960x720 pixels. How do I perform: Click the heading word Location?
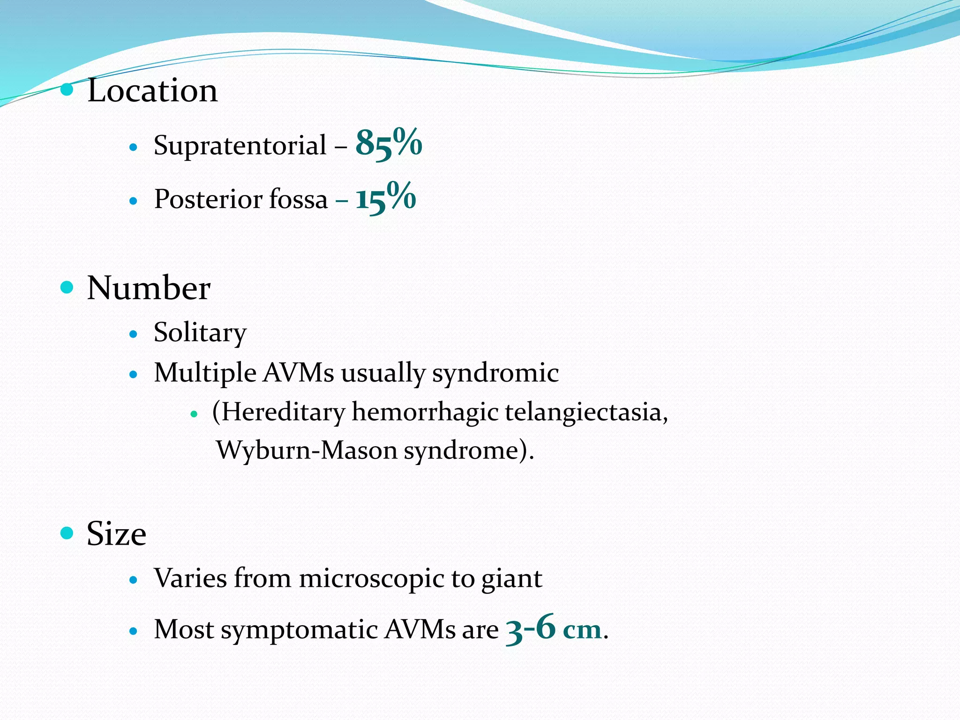(x=152, y=90)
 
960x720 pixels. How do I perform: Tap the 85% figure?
(x=389, y=143)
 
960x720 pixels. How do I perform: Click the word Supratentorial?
(x=240, y=145)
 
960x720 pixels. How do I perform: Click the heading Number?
(x=149, y=288)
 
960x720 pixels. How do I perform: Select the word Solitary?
(x=200, y=333)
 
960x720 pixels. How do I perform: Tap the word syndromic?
(x=495, y=374)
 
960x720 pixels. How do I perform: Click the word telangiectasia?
(x=586, y=412)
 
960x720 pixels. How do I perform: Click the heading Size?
(x=116, y=534)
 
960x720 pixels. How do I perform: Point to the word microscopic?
(x=371, y=578)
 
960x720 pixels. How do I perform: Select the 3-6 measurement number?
(x=531, y=628)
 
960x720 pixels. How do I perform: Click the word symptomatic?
(x=298, y=630)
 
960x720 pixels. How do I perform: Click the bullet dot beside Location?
(x=67, y=89)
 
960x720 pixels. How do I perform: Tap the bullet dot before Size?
(x=67, y=532)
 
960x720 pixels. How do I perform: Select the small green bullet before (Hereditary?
(x=194, y=414)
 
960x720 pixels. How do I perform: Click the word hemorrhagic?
(x=425, y=412)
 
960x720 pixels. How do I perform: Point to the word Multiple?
(x=205, y=374)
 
